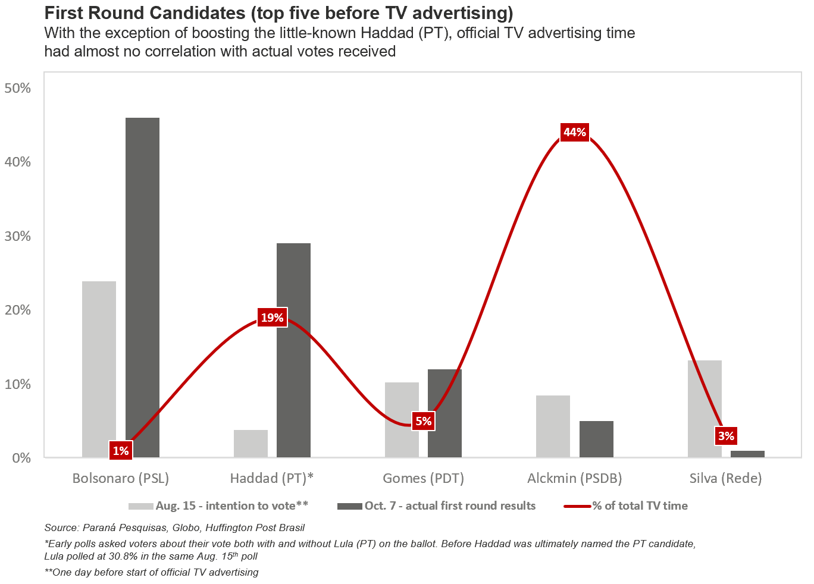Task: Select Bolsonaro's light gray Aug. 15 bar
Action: point(99,369)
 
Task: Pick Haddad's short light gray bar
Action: point(251,444)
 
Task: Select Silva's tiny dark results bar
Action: point(747,454)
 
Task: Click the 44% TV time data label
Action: point(575,132)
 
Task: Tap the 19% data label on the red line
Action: point(272,318)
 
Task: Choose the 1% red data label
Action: point(121,451)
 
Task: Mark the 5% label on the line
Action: point(423,422)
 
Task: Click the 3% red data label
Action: point(726,436)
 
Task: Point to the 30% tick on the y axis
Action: point(18,236)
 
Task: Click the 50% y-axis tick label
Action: point(18,88)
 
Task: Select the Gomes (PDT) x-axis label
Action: point(423,478)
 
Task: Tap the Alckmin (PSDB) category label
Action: point(575,478)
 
